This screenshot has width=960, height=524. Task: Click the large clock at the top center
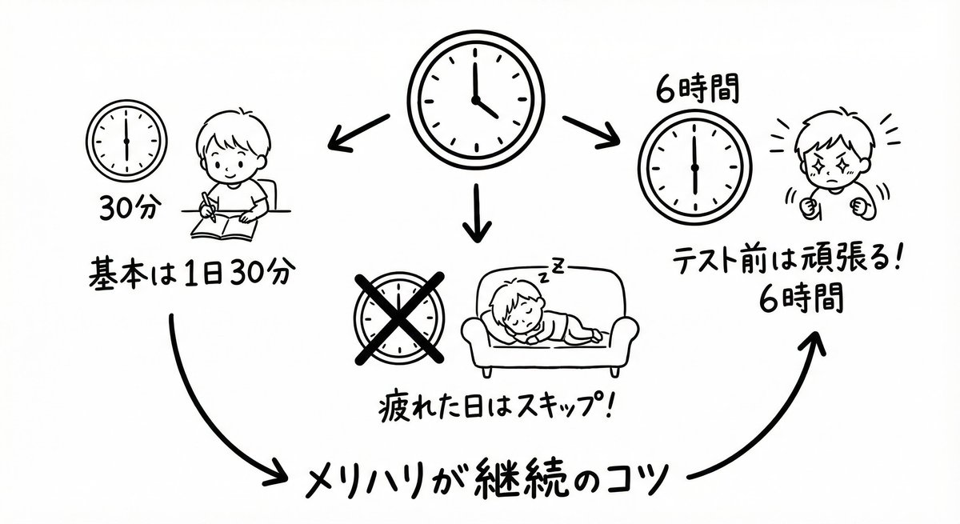tap(477, 100)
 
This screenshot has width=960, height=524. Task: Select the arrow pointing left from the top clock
tap(355, 133)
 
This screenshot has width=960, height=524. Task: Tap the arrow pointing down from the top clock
tap(477, 213)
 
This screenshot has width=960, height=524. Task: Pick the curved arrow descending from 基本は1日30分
tap(208, 416)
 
